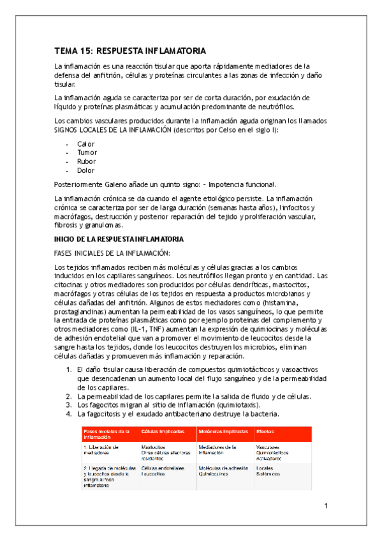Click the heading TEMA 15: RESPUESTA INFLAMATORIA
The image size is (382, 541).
tap(131, 51)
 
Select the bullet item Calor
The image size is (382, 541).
tap(85, 144)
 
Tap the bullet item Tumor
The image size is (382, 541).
tap(87, 153)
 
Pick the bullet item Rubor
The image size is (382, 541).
tap(86, 162)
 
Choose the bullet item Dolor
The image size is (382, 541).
tap(86, 171)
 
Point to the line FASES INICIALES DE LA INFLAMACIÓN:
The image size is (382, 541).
tap(112, 253)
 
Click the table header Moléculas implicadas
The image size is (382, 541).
tap(223, 432)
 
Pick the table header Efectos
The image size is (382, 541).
tap(265, 432)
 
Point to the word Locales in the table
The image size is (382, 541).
tap(265, 468)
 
